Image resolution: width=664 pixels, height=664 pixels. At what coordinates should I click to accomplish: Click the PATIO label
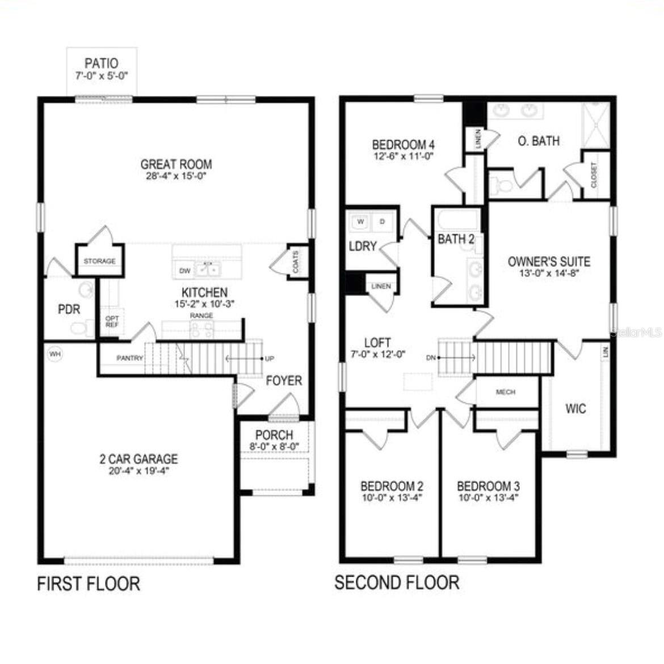point(102,63)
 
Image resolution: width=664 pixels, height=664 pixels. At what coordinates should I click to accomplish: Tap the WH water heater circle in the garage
point(55,354)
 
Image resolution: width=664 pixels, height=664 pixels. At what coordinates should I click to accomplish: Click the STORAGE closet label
point(100,261)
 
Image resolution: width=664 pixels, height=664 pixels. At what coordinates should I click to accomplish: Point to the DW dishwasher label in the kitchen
point(184,271)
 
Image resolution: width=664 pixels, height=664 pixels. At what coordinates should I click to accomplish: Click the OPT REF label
point(112,322)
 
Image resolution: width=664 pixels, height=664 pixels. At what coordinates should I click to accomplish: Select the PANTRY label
point(129,358)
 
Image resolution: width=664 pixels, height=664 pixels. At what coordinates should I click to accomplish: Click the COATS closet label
point(295,262)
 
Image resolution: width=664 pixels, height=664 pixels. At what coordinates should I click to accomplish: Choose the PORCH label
point(274,435)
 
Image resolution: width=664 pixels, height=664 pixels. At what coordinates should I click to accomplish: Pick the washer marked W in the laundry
point(360,221)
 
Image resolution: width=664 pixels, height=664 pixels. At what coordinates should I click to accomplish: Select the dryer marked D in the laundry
point(382,221)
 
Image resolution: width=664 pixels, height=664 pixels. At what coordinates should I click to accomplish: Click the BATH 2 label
point(456,239)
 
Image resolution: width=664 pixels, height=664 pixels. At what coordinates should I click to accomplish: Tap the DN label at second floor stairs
point(430,358)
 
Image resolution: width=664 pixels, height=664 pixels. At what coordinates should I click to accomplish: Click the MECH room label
point(505,392)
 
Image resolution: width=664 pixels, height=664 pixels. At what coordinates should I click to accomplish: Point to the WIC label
point(575,409)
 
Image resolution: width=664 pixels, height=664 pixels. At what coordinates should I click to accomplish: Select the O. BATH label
point(539,141)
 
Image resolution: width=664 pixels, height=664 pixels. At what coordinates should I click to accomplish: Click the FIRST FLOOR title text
point(89,584)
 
